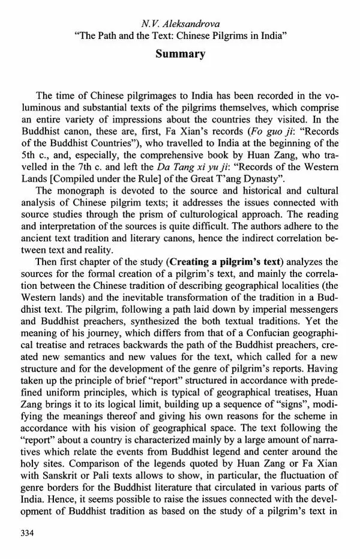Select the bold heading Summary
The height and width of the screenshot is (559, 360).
[180, 54]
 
